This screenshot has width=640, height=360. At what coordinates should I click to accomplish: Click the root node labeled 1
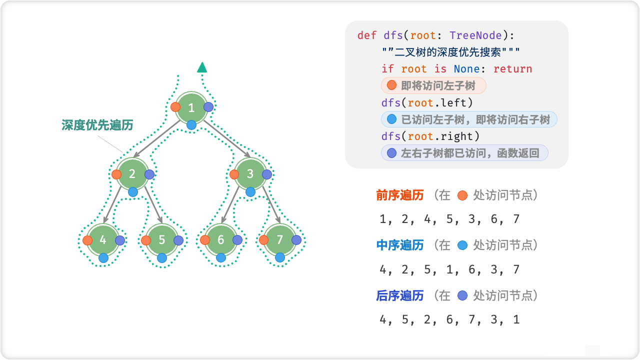coord(191,107)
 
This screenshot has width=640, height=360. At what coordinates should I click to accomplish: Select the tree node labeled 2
coord(132,174)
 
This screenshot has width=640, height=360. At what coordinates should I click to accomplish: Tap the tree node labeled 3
coord(250,174)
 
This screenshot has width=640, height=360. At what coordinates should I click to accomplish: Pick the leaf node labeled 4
coord(103,239)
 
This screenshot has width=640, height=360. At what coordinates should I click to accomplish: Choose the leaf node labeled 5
coord(161,239)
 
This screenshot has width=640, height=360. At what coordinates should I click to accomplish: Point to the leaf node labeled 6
coord(221,239)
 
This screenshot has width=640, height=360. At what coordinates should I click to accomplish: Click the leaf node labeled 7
coord(280,239)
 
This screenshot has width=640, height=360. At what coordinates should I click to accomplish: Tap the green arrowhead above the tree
coord(202,67)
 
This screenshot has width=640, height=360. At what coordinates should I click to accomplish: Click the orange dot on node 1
coord(175,107)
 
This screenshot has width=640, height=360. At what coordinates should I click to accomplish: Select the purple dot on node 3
coord(267,174)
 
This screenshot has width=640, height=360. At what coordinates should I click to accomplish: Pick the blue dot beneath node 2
coord(132,191)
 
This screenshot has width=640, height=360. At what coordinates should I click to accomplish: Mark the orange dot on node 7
coord(264,240)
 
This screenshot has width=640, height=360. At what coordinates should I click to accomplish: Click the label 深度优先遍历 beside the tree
coord(97,125)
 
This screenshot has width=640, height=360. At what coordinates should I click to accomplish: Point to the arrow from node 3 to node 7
coord(270,204)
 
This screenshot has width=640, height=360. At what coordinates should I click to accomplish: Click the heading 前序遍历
coord(400,195)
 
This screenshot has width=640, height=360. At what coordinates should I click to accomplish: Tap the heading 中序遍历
coord(400,245)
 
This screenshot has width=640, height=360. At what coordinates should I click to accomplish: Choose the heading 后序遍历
coord(400,295)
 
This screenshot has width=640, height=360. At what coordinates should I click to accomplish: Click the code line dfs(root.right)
coord(430,136)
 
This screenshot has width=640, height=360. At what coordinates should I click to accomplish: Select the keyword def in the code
coord(367,35)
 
